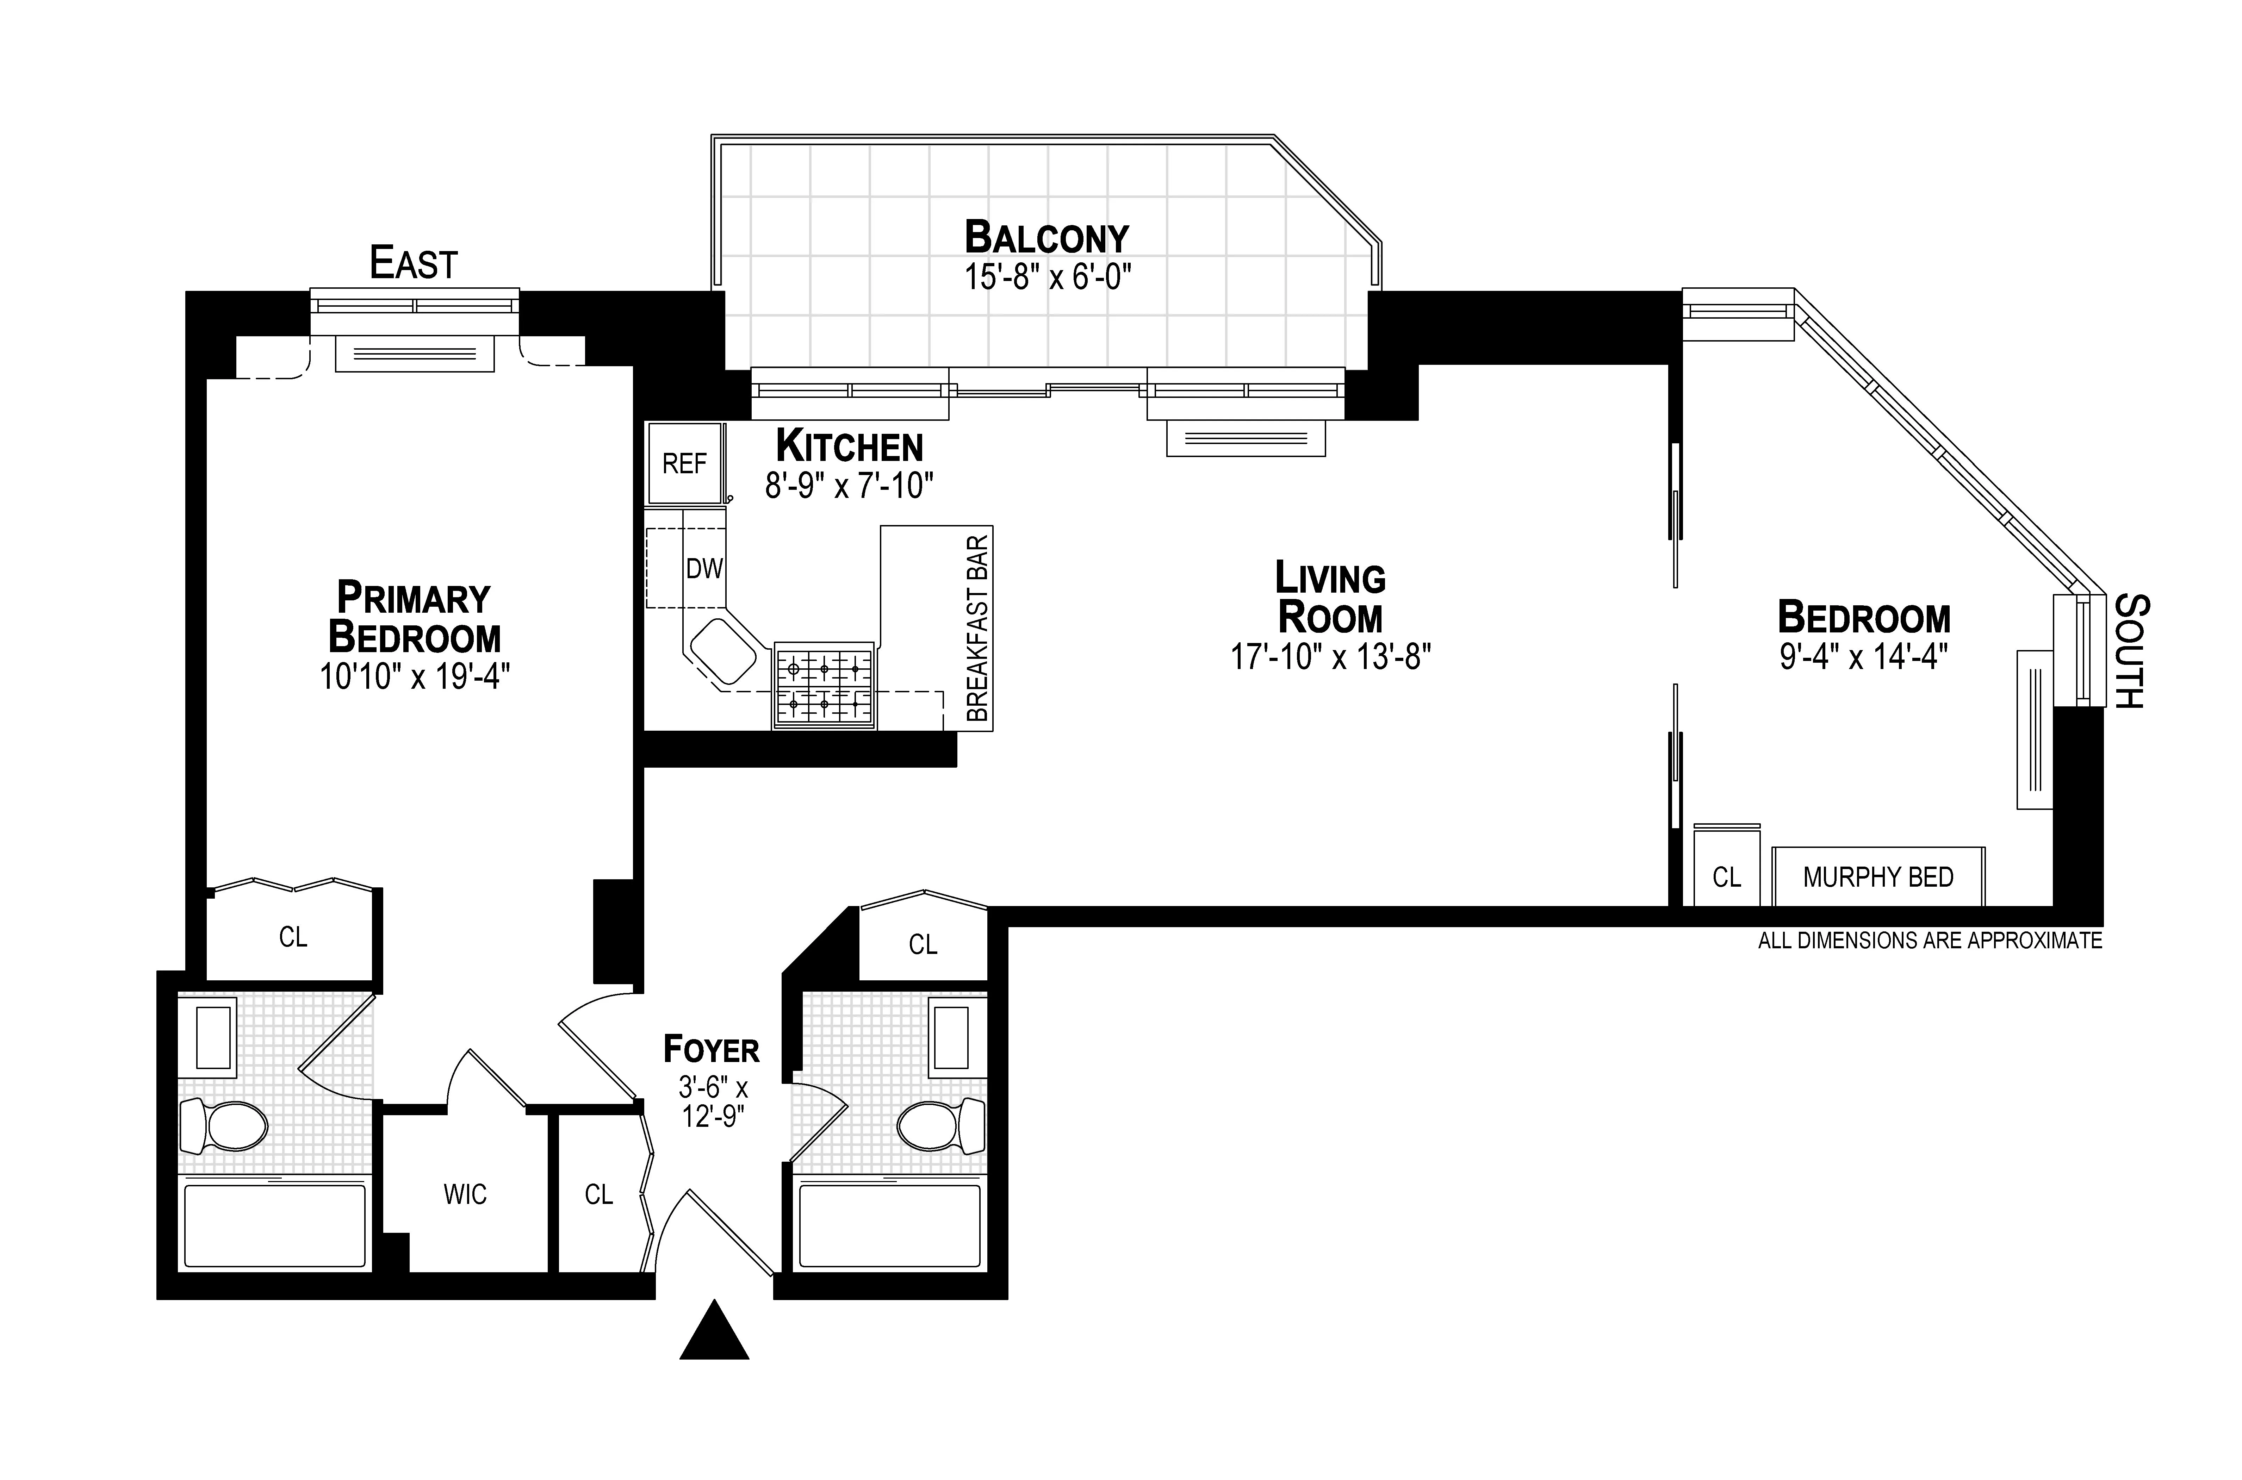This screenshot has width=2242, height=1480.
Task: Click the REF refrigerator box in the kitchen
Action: [684, 463]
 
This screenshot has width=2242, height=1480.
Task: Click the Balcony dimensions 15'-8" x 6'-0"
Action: [1047, 277]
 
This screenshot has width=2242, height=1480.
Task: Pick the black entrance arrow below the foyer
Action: [715, 1332]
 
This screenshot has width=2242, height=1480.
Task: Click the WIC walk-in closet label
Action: [465, 1195]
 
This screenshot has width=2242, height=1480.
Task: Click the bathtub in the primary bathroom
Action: [275, 1225]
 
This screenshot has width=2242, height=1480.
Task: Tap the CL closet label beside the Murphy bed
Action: [1727, 878]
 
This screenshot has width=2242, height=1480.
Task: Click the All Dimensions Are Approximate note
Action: [1930, 941]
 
